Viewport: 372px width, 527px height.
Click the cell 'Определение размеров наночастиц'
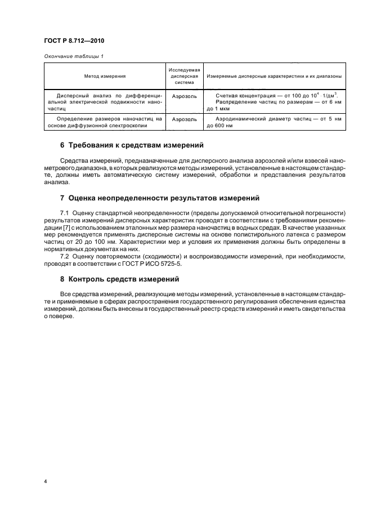click(105, 122)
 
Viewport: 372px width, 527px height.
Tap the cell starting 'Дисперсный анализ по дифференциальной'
click(105, 101)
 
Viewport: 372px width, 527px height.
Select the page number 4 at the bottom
click(44, 482)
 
